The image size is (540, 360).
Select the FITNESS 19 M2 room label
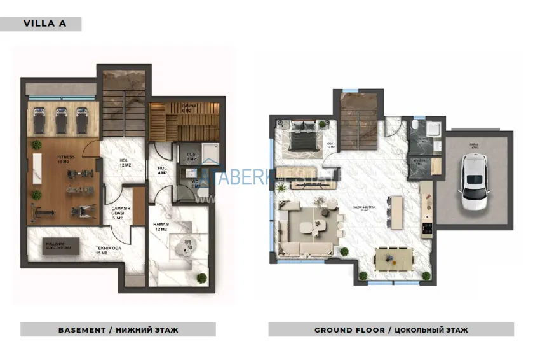tap(65, 159)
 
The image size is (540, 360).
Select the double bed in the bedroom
tap(302, 135)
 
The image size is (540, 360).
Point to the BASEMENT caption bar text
tap(118, 330)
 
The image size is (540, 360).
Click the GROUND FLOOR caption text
tap(391, 330)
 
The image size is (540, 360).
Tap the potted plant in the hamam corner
tap(202, 278)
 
